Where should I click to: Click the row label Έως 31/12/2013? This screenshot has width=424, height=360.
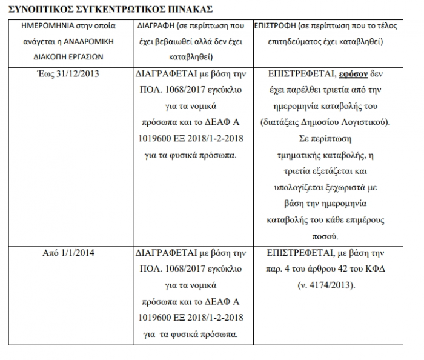point(72,74)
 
